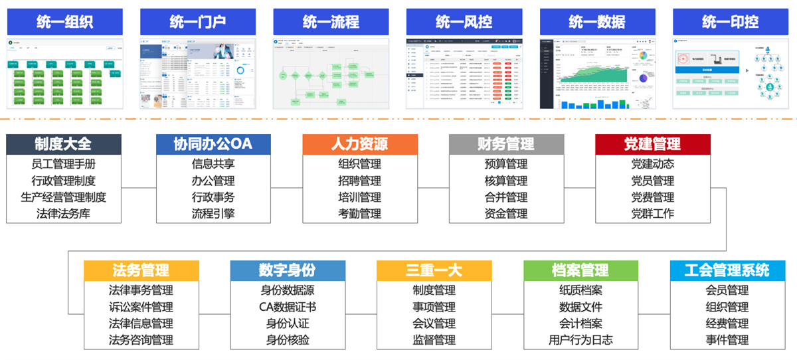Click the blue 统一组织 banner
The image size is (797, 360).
(65, 22)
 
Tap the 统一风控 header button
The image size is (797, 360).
(464, 22)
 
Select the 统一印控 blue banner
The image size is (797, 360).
(730, 22)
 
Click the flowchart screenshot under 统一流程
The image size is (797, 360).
(331, 73)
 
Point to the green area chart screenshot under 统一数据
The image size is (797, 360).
(597, 73)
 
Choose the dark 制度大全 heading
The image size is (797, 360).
(64, 144)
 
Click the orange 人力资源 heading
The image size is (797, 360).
(360, 144)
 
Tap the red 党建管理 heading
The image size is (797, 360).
(652, 144)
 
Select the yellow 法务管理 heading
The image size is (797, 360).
(141, 270)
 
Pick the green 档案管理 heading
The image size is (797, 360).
(580, 270)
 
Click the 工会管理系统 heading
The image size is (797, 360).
(727, 270)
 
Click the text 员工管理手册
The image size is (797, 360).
(64, 164)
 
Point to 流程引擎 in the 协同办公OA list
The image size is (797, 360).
(213, 214)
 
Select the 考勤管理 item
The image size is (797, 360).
(360, 214)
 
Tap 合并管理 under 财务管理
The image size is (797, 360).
(506, 197)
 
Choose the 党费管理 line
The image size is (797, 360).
(652, 197)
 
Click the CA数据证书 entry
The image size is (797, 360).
(288, 307)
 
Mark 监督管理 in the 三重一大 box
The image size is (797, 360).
(434, 340)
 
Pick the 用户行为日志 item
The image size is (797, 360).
(580, 340)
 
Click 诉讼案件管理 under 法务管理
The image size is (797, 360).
(141, 307)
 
